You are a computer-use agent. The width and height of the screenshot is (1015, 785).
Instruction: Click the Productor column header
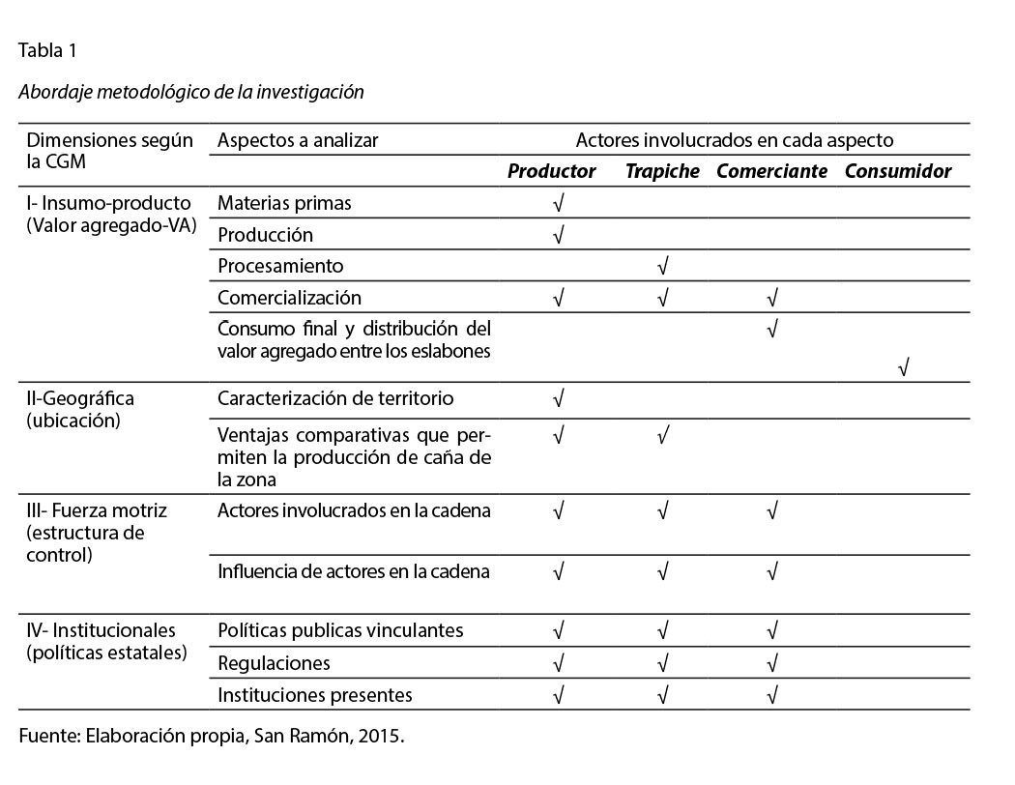pos(551,172)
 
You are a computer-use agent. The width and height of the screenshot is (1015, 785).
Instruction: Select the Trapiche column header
pos(662,172)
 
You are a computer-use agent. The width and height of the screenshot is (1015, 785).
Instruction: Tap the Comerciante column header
pos(771,172)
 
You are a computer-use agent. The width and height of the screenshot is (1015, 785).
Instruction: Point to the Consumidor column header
pos(898,172)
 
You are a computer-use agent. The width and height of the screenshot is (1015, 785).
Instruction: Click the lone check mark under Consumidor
pos(903,367)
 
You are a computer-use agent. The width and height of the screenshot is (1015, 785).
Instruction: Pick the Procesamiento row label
pos(280,266)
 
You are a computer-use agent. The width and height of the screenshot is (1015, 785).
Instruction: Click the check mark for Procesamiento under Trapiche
pos(663,266)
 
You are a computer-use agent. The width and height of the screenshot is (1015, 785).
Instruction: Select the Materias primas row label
pos(284,203)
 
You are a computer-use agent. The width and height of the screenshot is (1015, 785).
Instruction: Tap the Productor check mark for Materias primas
pos(558,203)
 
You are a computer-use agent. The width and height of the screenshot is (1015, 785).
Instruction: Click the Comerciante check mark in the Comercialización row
pos(771,298)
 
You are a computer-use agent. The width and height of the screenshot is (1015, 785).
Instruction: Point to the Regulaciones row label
pos(274,663)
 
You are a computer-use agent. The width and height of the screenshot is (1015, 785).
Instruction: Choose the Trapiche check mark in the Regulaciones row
pos(663,663)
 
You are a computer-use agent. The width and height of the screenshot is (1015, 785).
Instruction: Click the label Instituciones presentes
pos(315,695)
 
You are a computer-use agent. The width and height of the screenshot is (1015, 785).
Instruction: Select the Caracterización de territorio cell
pos(335,398)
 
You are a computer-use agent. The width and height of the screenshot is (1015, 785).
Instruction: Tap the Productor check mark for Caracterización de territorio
pos(558,398)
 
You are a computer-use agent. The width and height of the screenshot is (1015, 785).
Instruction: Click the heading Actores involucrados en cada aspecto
pos(735,140)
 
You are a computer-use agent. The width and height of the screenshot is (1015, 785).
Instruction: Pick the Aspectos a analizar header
pos(298,140)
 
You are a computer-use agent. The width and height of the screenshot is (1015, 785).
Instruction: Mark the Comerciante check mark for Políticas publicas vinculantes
pos(771,631)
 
